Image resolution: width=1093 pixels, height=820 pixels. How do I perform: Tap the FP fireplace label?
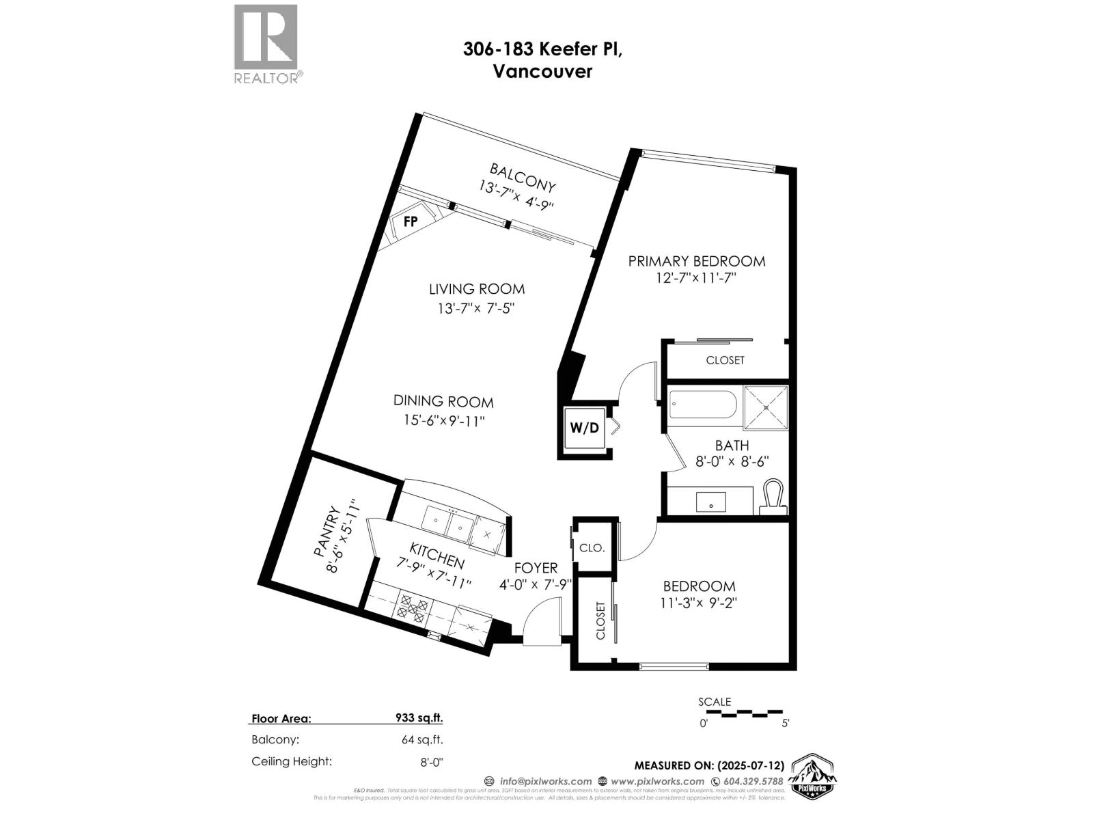point(411,221)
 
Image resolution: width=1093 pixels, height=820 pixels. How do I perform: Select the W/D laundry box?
point(584,428)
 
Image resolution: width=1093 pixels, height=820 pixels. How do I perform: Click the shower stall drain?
point(766,407)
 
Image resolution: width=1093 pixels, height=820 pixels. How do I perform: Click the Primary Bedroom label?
point(696,261)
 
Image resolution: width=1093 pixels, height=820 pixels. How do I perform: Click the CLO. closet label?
point(592,548)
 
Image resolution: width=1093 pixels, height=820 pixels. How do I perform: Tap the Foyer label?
point(536,568)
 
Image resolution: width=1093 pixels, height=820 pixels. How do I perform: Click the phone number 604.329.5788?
point(752,781)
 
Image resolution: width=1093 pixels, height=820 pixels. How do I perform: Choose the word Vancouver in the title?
point(542,71)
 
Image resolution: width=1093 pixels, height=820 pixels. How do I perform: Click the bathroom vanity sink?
point(711,502)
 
